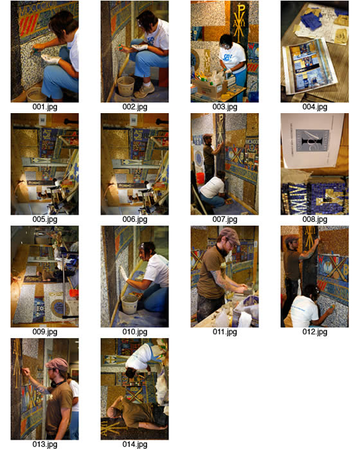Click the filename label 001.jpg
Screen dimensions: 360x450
[x=45, y=107]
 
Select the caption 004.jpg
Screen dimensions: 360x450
[x=314, y=107]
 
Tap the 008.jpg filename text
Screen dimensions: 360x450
[x=314, y=220]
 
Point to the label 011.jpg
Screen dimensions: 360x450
[x=225, y=332]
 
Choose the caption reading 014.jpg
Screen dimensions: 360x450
[x=134, y=445]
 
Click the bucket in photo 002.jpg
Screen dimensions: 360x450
[x=126, y=85]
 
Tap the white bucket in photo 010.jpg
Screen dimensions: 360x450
[x=129, y=304]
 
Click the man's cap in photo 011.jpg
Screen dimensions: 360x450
[x=230, y=234]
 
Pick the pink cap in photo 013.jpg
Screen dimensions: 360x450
[x=57, y=363]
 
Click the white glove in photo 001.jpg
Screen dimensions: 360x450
[x=51, y=59]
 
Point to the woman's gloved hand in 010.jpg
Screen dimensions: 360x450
[x=123, y=273]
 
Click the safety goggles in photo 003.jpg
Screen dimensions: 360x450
[x=226, y=46]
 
